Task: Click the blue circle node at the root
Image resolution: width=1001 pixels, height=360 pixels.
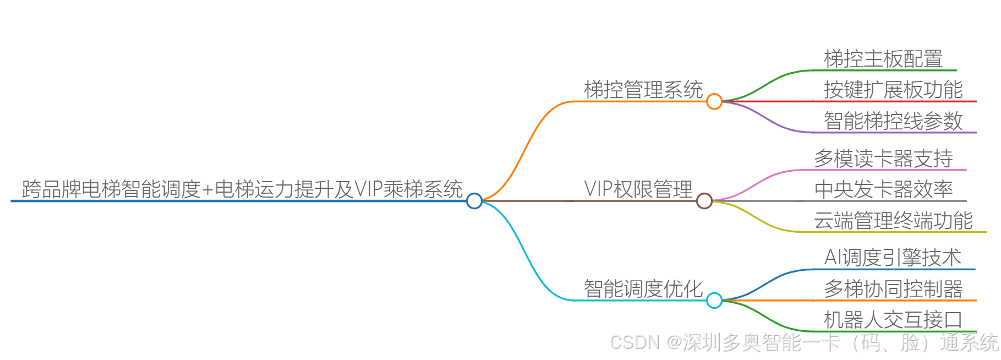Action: (474, 201)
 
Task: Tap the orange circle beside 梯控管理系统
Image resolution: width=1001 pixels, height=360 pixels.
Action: (714, 101)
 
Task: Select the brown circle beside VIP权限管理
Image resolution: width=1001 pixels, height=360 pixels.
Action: (704, 201)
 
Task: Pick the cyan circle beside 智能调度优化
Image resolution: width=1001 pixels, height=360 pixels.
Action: (714, 301)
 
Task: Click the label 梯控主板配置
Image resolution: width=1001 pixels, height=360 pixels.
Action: (883, 59)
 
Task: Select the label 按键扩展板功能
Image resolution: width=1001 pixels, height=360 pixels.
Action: (893, 90)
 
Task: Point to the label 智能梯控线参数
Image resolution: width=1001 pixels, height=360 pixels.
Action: (893, 121)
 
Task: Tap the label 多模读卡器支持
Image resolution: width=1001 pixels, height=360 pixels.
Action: (883, 159)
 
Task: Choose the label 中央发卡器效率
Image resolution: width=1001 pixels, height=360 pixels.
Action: (883, 189)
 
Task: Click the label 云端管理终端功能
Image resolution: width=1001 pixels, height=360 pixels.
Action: (893, 221)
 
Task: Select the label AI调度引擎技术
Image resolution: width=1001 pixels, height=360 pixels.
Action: (893, 258)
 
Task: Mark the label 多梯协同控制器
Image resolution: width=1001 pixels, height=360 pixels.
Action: (893, 289)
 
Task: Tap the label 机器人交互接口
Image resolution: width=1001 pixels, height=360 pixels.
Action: (893, 320)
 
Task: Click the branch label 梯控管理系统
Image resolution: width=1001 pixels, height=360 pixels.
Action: (643, 90)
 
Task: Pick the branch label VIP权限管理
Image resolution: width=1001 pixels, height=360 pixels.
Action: (638, 189)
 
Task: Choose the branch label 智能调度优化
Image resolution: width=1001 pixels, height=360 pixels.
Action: (643, 289)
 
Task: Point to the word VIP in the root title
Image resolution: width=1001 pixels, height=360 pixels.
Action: (368, 189)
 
